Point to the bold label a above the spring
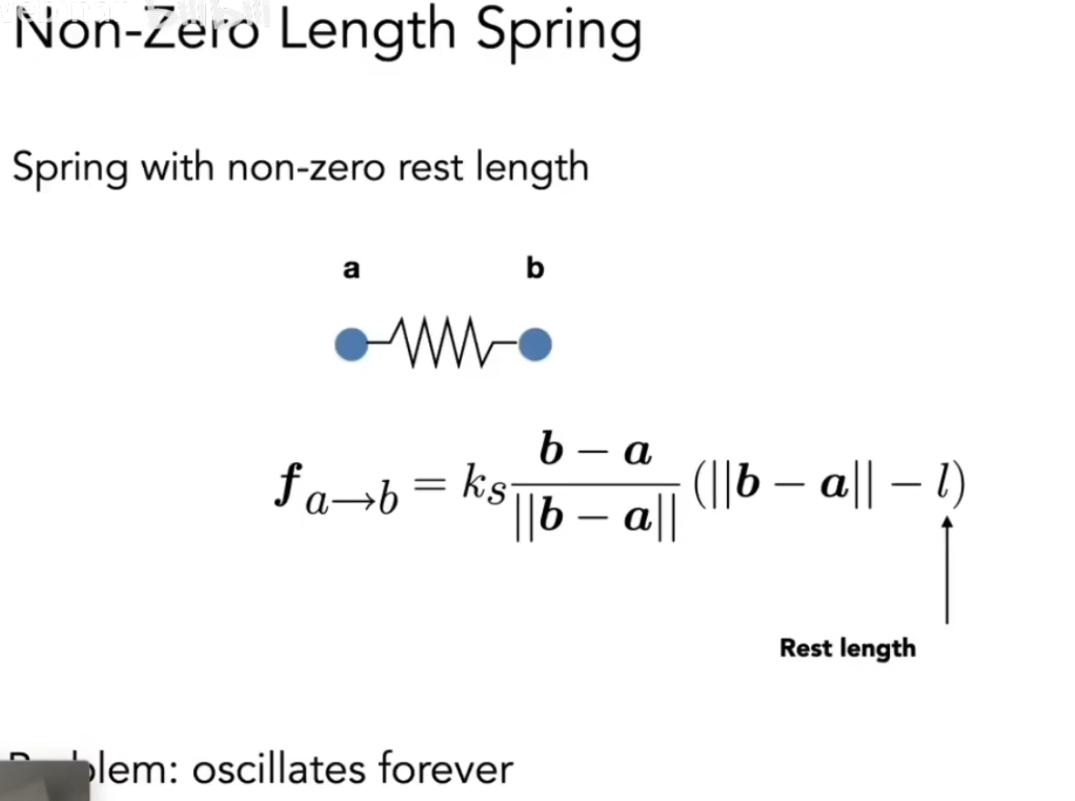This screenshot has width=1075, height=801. coord(351,270)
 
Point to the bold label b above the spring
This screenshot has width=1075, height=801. coord(536,269)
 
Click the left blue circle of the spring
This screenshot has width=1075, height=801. coord(352,345)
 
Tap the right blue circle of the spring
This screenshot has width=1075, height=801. coord(535,345)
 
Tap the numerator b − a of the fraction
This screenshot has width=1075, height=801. coord(595,452)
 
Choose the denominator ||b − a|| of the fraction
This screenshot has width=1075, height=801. coord(595,521)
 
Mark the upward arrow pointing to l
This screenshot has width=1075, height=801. coord(947,570)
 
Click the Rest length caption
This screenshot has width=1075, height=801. coord(847,649)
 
